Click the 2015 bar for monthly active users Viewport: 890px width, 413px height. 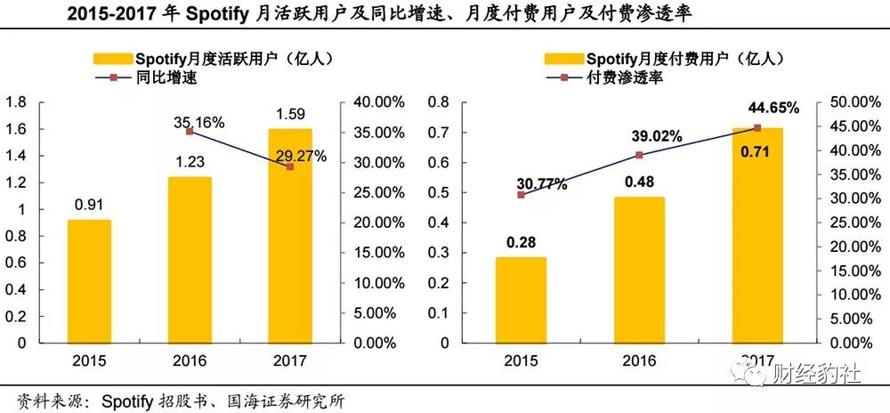(89, 281)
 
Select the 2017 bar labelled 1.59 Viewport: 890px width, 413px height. (289, 236)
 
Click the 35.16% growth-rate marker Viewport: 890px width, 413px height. (190, 131)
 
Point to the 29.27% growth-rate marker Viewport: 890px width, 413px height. (289, 166)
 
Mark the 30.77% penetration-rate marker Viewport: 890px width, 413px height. (521, 194)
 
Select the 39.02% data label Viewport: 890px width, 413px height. (657, 137)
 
